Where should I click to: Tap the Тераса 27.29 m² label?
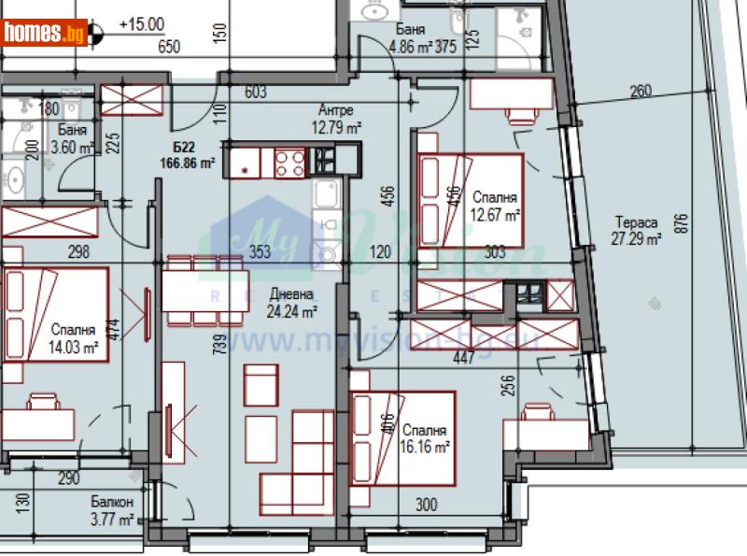(638, 231)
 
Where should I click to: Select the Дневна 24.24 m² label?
(292, 305)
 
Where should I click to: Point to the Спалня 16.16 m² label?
(426, 439)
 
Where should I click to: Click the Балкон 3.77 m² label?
(113, 511)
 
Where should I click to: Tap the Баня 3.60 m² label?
(72, 139)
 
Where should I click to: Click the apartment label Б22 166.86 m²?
(187, 155)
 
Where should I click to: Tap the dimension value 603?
(255, 93)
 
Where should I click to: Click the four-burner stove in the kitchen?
(289, 163)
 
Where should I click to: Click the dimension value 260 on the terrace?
(641, 92)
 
